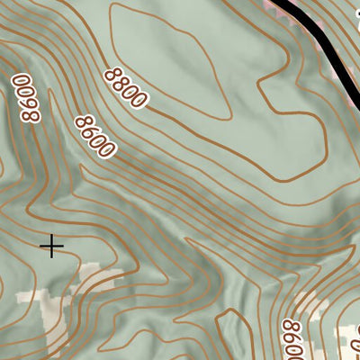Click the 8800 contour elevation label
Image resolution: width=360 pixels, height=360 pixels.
pyautogui.click(x=124, y=87)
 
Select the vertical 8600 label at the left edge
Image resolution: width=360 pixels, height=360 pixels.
pyautogui.click(x=27, y=100)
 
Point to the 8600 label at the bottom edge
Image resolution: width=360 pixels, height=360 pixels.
pyautogui.click(x=292, y=339)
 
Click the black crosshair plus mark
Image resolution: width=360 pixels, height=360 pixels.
pyautogui.click(x=52, y=245)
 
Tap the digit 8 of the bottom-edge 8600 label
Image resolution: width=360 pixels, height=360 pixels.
pyautogui.click(x=290, y=326)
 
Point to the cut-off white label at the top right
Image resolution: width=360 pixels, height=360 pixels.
pyautogui.click(x=356, y=18)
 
